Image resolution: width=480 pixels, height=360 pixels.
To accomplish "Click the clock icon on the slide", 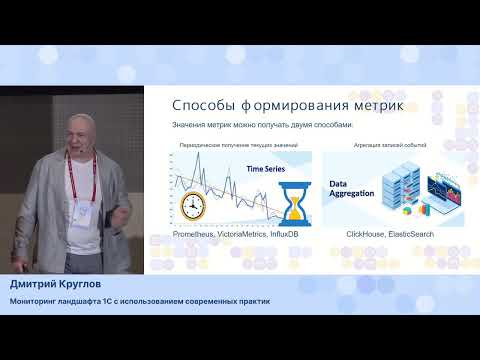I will click(194, 205).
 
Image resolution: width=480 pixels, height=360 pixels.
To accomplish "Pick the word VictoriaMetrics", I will click(245, 233).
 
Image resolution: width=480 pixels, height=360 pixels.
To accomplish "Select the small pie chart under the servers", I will click(407, 211).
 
